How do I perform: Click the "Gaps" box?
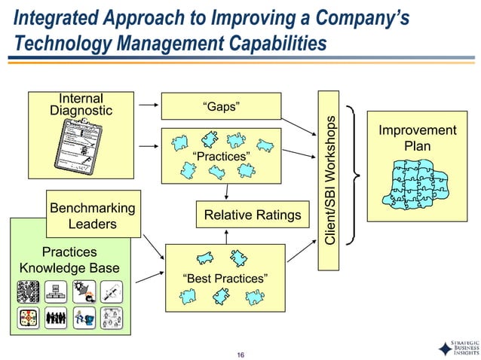[222, 106]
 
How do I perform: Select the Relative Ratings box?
[247, 216]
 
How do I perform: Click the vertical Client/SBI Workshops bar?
[331, 181]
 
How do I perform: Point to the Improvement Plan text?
[417, 138]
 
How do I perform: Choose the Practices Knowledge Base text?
[69, 260]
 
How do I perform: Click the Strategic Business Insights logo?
[454, 349]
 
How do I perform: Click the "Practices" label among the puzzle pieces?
[221, 157]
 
